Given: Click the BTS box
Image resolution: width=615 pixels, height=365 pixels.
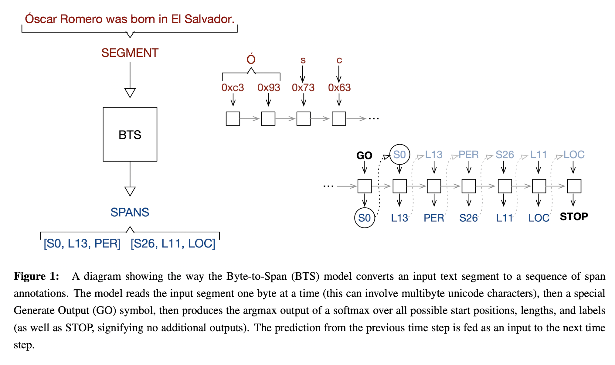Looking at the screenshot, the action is coord(130,134).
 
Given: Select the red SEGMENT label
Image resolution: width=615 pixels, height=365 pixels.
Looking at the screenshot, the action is coord(130,53).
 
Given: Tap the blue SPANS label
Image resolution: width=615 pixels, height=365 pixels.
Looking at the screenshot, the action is coord(130,212).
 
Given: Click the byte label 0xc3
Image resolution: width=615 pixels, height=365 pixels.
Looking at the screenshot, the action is coord(233,88).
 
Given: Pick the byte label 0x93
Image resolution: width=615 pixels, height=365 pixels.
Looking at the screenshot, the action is coord(269,88).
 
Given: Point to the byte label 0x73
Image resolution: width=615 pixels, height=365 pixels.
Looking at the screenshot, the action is coord(303,88).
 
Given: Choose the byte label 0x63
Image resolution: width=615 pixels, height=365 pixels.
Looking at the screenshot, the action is coord(339,88).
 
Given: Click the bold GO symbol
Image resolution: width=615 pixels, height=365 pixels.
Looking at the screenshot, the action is coord(364,155).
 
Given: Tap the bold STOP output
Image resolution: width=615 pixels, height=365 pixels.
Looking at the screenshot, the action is coord(574,217).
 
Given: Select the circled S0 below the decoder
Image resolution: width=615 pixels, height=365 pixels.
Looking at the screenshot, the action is coord(365,218).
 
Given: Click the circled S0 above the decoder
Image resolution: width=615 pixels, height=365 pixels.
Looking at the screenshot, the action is coord(399,155).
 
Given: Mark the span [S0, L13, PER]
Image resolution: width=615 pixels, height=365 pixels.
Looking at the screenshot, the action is coord(82,244).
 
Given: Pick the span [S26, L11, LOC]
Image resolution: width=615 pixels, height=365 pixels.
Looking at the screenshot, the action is coord(173,244).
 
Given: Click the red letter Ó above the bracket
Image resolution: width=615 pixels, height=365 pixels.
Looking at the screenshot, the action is coord(251,59).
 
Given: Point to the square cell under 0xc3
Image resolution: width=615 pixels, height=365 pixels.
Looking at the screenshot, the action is coord(233,118).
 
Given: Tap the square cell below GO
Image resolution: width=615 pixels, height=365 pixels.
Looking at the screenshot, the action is coord(364,186).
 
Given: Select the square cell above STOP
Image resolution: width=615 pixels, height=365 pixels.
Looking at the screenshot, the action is coord(574,186).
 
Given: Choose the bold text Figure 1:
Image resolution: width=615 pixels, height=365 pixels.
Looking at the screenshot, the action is coord(36,276).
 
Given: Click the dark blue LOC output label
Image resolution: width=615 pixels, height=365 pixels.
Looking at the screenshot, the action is coord(539,218).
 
